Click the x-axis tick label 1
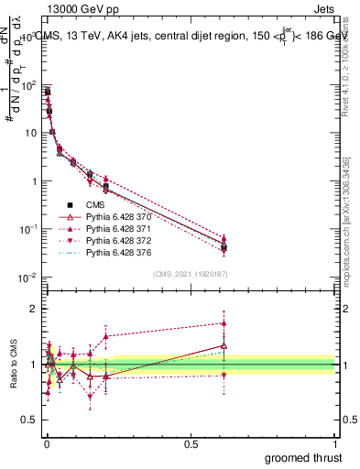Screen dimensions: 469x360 pyautogui.click(x=336, y=444)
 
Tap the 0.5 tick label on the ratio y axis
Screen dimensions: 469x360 pyautogui.click(x=29, y=420)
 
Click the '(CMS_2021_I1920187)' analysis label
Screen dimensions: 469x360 pyautogui.click(x=190, y=274)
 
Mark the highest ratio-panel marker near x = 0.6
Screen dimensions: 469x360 pyautogui.click(x=224, y=322)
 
